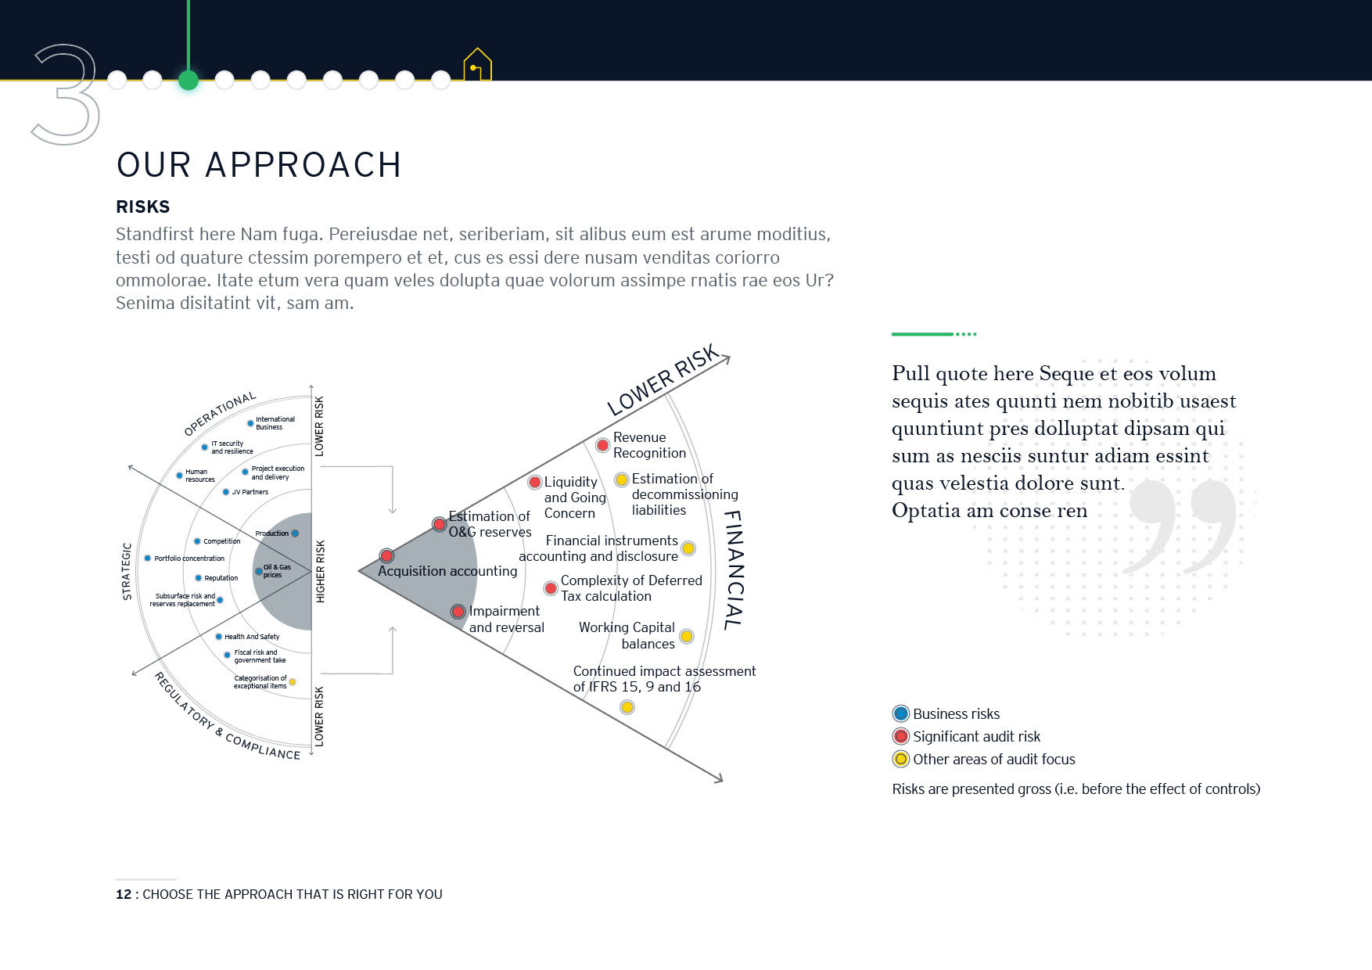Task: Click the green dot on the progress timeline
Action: click(189, 80)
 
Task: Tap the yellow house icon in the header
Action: click(477, 65)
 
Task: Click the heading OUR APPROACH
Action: click(259, 165)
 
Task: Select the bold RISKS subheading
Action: click(143, 207)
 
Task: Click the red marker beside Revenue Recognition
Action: click(602, 445)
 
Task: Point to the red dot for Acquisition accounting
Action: click(386, 555)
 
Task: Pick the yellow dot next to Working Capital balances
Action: click(686, 636)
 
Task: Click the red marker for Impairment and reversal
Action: click(458, 611)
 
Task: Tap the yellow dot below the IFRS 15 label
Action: click(627, 707)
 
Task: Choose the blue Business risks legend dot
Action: click(901, 713)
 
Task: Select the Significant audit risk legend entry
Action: click(967, 736)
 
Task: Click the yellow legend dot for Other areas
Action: click(901, 759)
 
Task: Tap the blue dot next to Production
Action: click(295, 533)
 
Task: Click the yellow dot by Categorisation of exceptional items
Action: click(293, 682)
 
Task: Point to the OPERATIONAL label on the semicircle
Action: click(220, 413)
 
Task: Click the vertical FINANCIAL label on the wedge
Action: click(733, 569)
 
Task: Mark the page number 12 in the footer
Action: click(124, 894)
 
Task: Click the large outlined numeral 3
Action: click(66, 94)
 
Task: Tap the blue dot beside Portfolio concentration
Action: click(147, 558)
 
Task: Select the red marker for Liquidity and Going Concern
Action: click(535, 482)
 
